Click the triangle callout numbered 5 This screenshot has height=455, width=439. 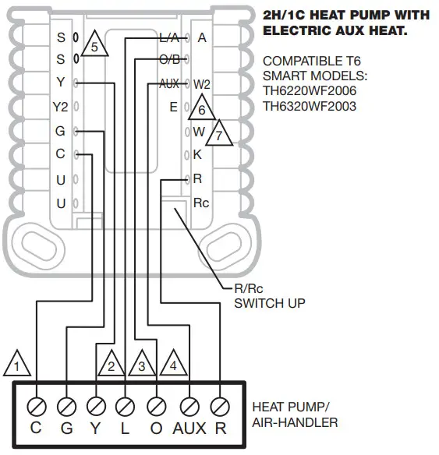point(94,45)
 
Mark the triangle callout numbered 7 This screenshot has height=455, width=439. point(220,134)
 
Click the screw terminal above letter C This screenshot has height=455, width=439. point(36,405)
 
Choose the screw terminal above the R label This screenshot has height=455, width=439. point(220,405)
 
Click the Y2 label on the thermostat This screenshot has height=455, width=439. point(60,107)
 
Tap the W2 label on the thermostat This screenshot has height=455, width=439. point(202,83)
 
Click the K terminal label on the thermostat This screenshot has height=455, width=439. point(197,154)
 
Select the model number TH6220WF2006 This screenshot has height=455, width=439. point(310,91)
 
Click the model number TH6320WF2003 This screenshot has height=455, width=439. point(310,106)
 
